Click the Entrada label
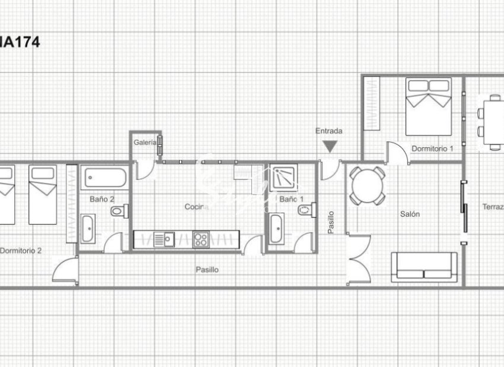point(328,131)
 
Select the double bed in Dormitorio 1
point(428,105)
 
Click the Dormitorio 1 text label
point(432,149)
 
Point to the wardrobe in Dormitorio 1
point(371,103)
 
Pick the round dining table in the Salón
point(367,185)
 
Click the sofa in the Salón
point(424,267)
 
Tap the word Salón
point(410,214)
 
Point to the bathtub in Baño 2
point(104,178)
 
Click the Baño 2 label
point(102,199)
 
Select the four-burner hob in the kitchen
point(201,240)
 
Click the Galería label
point(145,142)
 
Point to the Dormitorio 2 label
point(21,250)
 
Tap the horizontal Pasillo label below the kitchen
point(207,269)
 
